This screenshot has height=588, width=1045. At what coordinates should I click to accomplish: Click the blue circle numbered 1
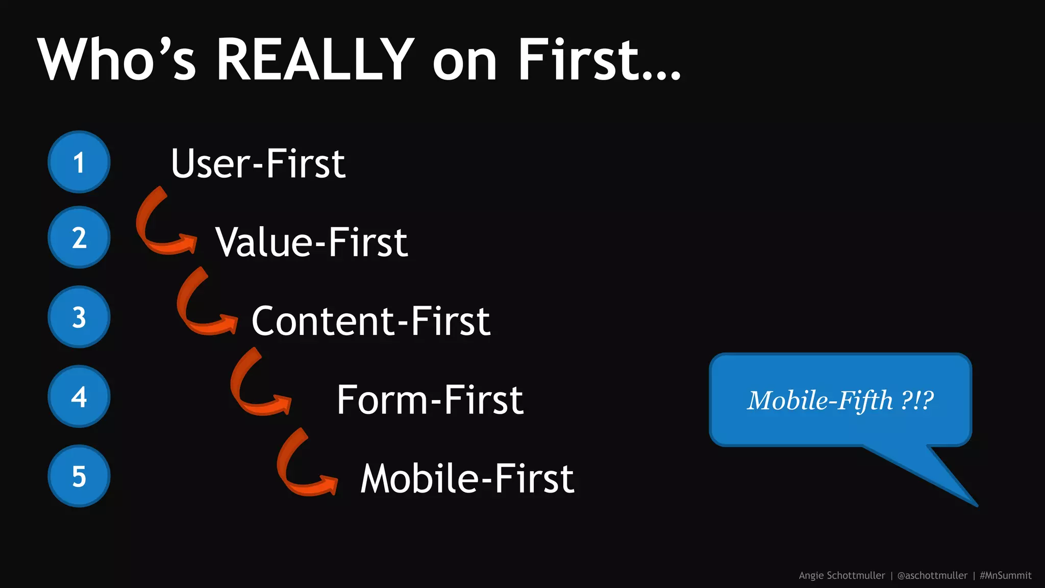[x=79, y=162]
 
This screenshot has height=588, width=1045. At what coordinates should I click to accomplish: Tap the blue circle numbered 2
[x=79, y=237]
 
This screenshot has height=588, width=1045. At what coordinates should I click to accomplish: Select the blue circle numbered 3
[x=79, y=317]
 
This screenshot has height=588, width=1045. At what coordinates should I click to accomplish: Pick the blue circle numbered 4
[x=79, y=397]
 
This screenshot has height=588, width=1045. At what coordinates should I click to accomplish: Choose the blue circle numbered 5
[x=79, y=476]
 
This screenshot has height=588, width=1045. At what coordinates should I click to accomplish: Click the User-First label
[x=258, y=163]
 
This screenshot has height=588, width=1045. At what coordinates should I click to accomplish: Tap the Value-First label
[x=311, y=242]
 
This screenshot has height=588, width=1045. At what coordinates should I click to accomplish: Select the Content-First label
[x=371, y=321]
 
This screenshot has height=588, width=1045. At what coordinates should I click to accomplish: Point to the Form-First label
[x=430, y=400]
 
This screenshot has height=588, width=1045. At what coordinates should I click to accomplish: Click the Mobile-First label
[x=467, y=479]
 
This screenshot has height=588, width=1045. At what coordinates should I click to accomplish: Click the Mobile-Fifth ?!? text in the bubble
[x=840, y=400]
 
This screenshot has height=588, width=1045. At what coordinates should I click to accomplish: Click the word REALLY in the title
[x=315, y=60]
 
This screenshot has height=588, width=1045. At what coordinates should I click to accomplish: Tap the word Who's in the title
[x=117, y=60]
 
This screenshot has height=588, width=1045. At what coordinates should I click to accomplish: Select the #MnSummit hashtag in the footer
[x=1005, y=575]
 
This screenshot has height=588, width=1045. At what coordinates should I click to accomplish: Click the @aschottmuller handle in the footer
[x=932, y=575]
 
